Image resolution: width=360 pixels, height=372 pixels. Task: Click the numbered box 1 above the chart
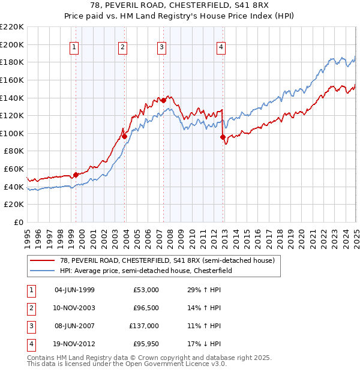click(x=74, y=47)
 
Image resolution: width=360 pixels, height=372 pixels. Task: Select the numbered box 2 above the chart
click(x=122, y=47)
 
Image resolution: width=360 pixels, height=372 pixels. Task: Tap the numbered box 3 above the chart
click(x=162, y=47)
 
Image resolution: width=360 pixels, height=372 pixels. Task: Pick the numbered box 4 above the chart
click(x=221, y=47)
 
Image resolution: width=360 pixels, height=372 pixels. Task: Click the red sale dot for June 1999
click(x=76, y=175)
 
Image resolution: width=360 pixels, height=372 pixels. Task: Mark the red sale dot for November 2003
click(x=124, y=136)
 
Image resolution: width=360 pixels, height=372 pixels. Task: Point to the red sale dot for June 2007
click(x=163, y=100)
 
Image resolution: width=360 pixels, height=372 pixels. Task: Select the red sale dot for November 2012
click(x=223, y=137)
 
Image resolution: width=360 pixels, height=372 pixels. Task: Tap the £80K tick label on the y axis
click(x=14, y=151)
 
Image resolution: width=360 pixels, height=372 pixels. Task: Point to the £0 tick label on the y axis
click(x=19, y=223)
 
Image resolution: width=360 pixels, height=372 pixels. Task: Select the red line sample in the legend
click(x=43, y=260)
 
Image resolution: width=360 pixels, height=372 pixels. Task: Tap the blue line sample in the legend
click(x=43, y=271)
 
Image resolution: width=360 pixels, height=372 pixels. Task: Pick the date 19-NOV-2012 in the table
click(x=74, y=344)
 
